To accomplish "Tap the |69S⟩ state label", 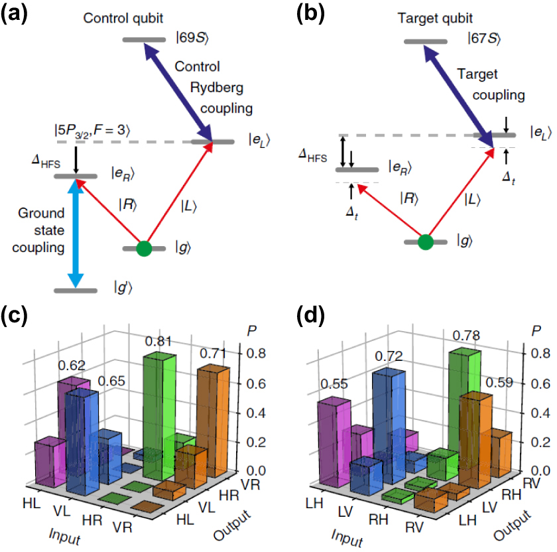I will pos(193,39).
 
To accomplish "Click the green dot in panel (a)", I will pos(143,249).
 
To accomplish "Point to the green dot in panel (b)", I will pos(426,242).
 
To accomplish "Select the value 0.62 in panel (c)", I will pos(71,364).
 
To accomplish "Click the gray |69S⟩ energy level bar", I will pos(144,40).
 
